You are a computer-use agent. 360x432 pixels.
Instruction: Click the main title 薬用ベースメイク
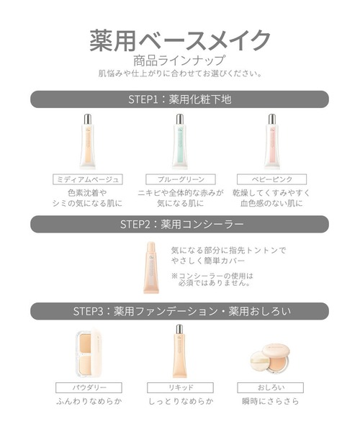(x=180, y=38)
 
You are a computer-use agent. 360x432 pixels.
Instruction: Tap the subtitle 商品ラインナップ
(x=180, y=60)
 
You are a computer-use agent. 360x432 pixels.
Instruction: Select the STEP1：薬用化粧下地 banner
(x=180, y=99)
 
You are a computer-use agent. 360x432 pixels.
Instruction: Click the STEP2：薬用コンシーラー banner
(x=180, y=223)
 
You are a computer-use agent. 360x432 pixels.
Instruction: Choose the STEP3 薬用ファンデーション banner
(x=180, y=311)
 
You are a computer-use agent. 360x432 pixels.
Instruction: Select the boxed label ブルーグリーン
(x=180, y=179)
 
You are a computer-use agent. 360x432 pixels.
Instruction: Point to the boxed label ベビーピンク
(x=271, y=179)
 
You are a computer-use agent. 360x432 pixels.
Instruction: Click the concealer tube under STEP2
(x=152, y=266)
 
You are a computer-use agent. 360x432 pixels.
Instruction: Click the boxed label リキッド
(x=179, y=387)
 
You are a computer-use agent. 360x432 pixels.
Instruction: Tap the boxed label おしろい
(x=271, y=387)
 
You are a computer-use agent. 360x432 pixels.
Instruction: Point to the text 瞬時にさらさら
(x=271, y=401)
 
